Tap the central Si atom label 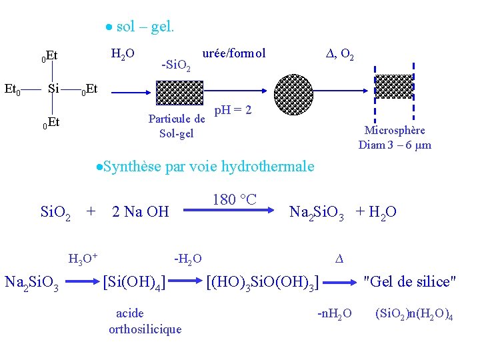coord(55,88)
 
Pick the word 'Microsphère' coord(395,131)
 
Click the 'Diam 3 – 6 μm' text coord(395,145)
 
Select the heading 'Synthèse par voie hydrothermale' coord(207,166)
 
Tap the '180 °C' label coord(234,199)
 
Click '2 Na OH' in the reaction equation coord(141,213)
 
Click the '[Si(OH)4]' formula coord(135,282)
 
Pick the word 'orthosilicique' coord(145,328)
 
